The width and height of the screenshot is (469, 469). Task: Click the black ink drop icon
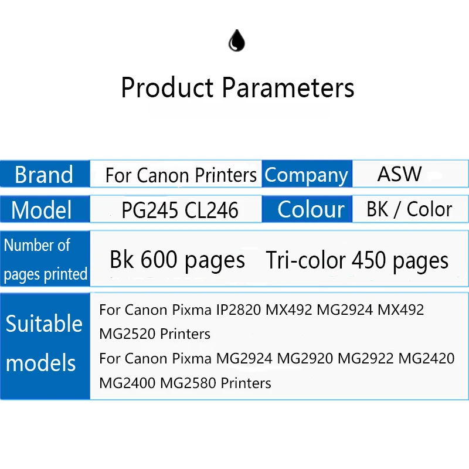coord(236,41)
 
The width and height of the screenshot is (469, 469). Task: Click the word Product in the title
coord(167,88)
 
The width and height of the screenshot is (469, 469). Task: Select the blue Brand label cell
coord(45,175)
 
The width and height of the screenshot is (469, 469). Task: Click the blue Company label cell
coord(307,175)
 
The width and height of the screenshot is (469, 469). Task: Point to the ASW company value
coord(399,174)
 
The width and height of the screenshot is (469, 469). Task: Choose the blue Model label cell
coord(45,210)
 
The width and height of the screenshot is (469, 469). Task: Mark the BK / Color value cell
coord(409,209)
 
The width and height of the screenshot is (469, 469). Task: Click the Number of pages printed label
coord(45,259)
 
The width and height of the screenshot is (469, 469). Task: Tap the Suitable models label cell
coord(45,343)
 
